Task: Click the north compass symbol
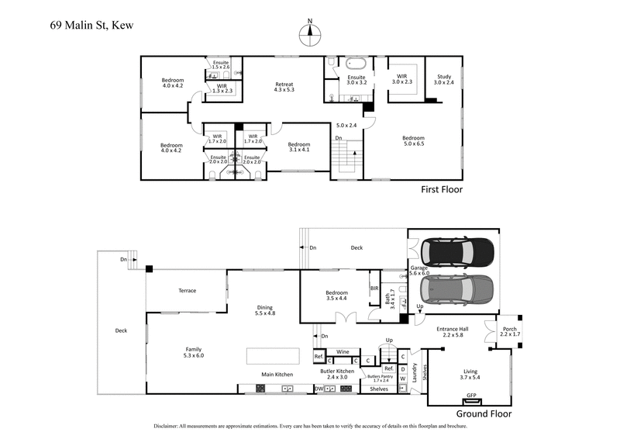pyautogui.click(x=310, y=32)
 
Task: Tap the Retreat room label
pyautogui.click(x=284, y=85)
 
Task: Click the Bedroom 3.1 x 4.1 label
pyautogui.click(x=298, y=147)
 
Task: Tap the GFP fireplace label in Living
pyautogui.click(x=470, y=396)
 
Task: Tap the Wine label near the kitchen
pyautogui.click(x=343, y=351)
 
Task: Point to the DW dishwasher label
pyautogui.click(x=319, y=389)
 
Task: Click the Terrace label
pyautogui.click(x=188, y=291)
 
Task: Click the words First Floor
pyautogui.click(x=442, y=188)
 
